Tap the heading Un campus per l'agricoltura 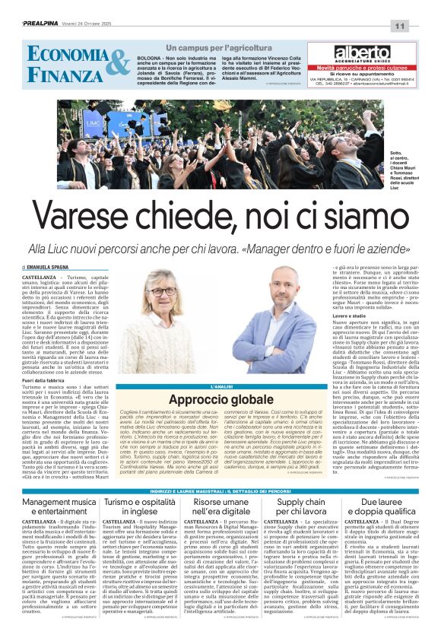(x=195, y=48)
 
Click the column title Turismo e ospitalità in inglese (x=141, y=507)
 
